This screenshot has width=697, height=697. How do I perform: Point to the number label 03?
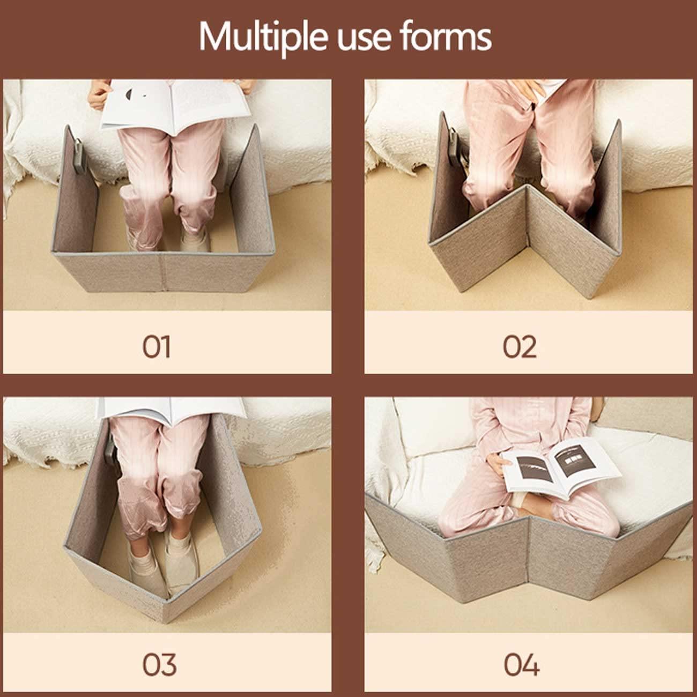[x=159, y=665]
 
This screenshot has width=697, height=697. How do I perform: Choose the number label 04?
[x=521, y=665]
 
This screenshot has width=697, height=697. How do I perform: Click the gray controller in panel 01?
[x=80, y=156]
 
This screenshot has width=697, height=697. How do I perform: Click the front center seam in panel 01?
[x=163, y=272]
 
